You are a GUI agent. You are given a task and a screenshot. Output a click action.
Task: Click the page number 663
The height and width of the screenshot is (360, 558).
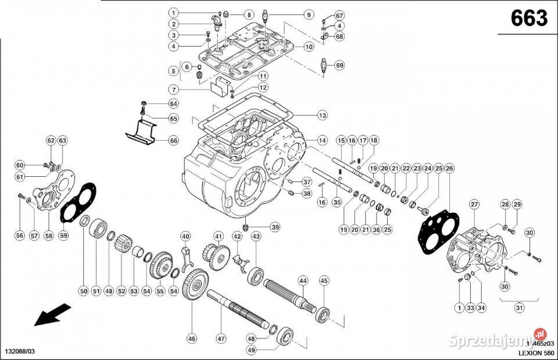(x=528, y=20)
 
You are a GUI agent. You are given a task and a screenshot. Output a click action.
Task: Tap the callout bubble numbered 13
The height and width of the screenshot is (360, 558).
(x=322, y=116)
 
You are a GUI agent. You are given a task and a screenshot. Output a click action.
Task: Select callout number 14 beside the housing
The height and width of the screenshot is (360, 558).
(x=322, y=140)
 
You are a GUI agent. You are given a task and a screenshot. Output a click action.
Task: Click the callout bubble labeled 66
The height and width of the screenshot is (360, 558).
(x=174, y=140)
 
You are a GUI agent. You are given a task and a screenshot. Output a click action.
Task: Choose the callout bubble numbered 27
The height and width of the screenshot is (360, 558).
(x=475, y=204)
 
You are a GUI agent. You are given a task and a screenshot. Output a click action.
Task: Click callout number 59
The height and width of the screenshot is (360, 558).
(x=63, y=236)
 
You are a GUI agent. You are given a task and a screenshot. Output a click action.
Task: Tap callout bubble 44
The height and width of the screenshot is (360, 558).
(x=302, y=280)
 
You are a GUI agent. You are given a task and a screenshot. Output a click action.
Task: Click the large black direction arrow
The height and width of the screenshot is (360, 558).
(x=51, y=316)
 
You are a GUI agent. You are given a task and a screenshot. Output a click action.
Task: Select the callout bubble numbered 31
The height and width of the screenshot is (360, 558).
(x=520, y=308)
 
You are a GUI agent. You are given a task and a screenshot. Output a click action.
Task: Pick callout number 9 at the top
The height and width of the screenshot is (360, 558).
(x=308, y=15)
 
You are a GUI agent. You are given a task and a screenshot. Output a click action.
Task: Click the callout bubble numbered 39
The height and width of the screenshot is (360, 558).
(x=275, y=227)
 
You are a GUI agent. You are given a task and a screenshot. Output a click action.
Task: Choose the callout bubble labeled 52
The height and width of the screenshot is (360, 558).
(x=121, y=291)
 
